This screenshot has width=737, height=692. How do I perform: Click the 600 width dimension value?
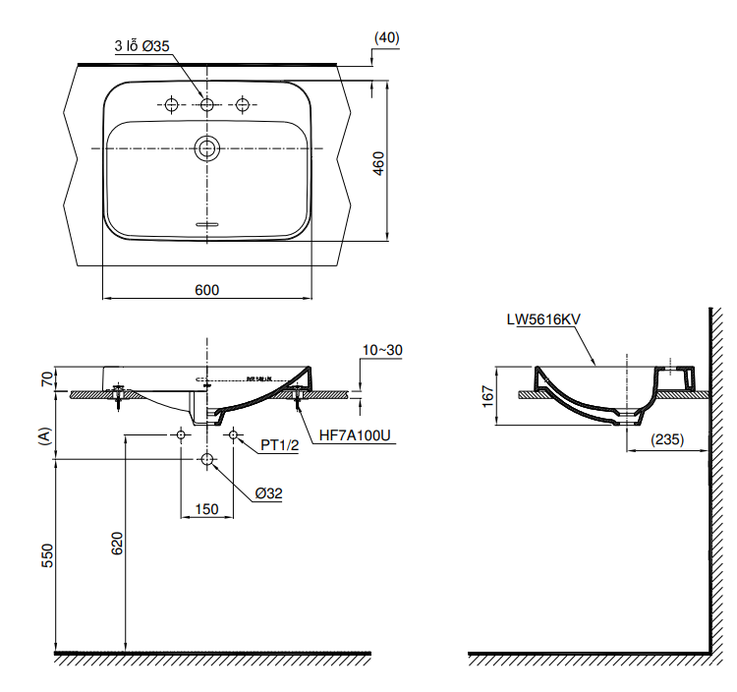point(206,289)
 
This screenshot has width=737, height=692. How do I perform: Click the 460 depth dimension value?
point(378,162)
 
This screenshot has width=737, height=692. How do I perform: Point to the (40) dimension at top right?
point(386,37)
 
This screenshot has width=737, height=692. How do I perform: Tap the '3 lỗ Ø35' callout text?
point(142,45)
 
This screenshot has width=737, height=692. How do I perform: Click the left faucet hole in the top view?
point(171,104)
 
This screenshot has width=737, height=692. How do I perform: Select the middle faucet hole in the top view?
point(206,104)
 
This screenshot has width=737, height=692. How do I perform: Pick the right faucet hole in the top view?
point(242,104)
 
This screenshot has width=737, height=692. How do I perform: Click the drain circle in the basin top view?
point(206,148)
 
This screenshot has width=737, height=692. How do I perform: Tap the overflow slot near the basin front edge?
point(206,225)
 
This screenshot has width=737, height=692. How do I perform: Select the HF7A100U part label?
point(355,435)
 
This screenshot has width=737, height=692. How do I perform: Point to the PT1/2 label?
point(280,445)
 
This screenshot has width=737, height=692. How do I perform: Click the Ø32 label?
point(267,493)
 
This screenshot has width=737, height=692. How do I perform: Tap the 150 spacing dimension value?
point(206,509)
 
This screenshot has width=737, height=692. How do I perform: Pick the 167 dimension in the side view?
point(488,396)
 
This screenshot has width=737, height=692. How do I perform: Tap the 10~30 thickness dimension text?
point(382,350)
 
